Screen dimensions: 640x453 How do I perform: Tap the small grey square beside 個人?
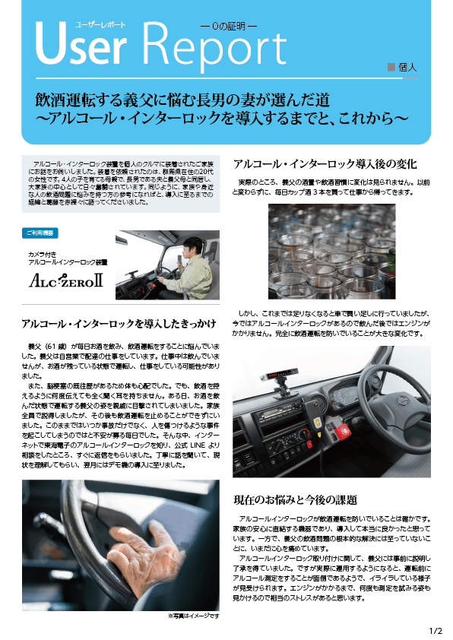click(391, 67)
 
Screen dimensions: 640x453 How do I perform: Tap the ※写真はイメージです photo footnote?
click(193, 616)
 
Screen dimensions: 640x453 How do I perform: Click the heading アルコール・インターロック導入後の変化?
click(325, 164)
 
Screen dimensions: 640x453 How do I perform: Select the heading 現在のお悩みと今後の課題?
click(296, 500)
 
